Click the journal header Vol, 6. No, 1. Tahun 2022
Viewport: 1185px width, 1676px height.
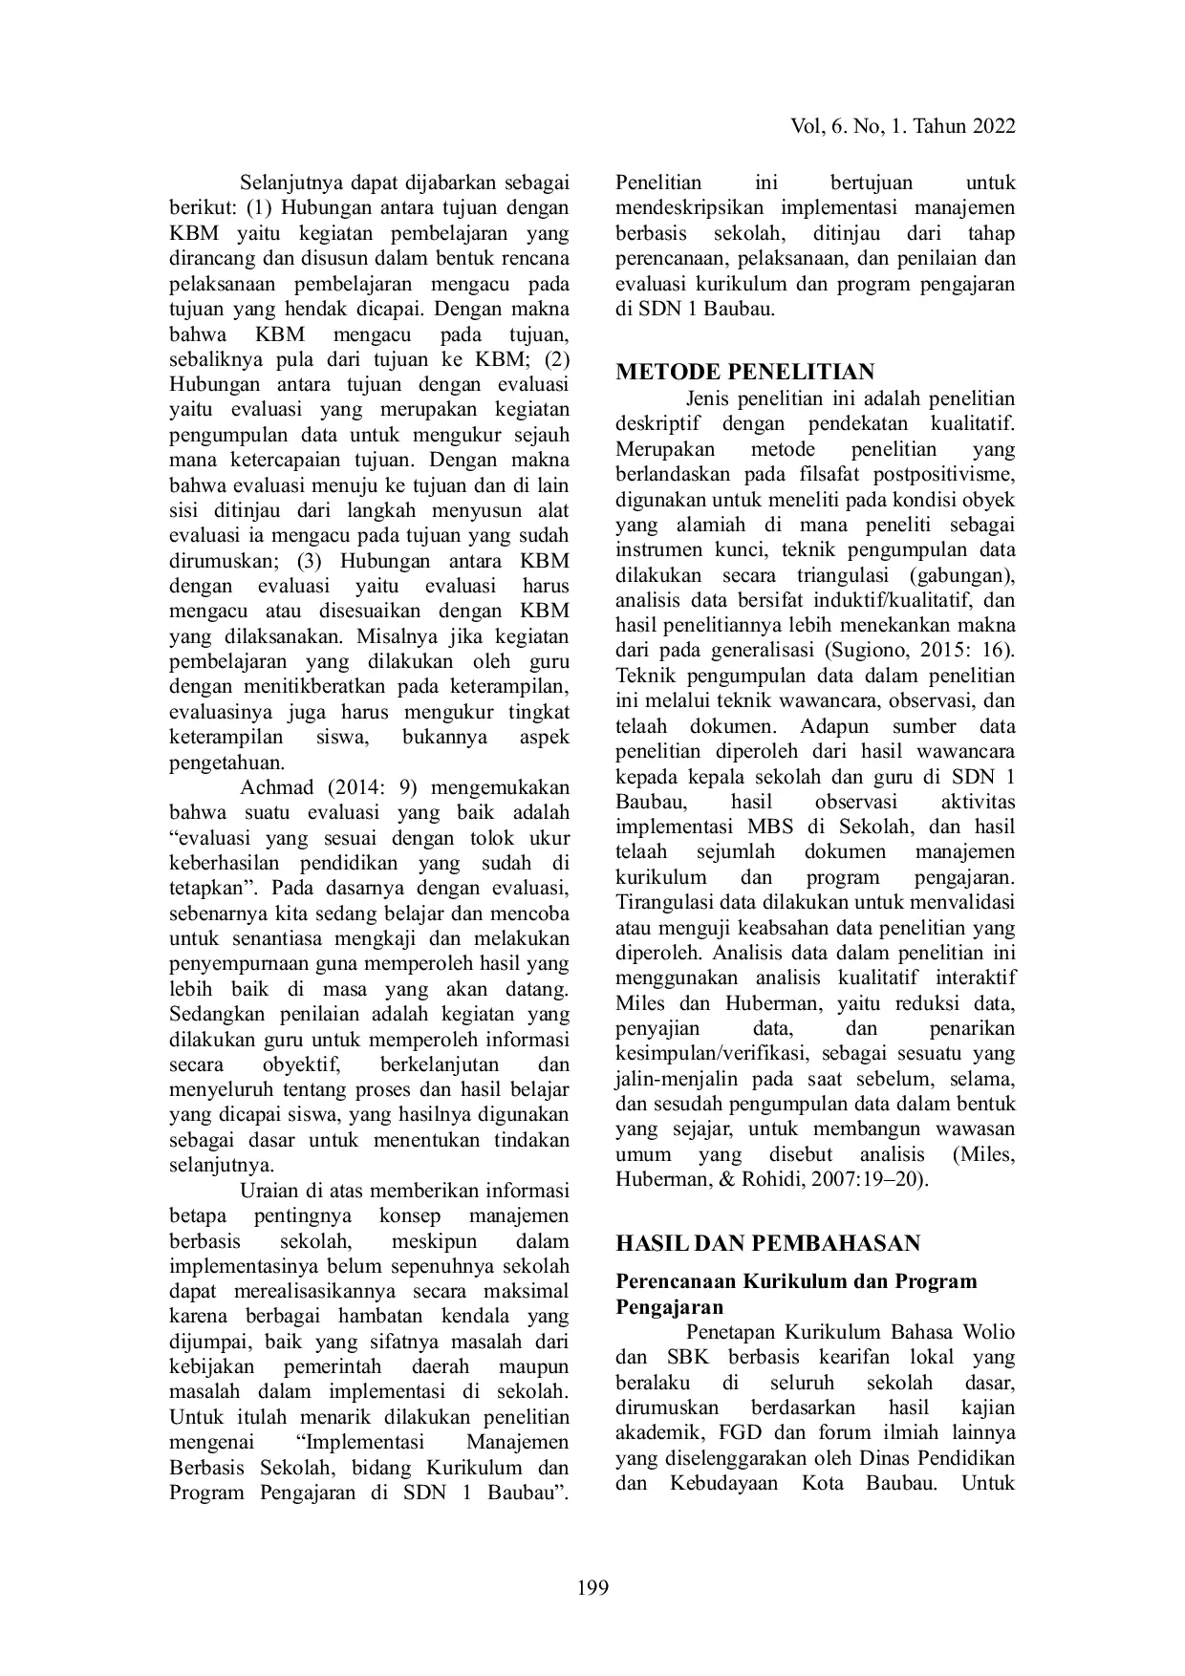(903, 127)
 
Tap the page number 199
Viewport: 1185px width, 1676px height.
(592, 1588)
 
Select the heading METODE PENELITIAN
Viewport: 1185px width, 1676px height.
(745, 372)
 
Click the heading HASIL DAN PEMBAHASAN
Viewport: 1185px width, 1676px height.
(768, 1243)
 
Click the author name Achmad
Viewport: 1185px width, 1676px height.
(276, 788)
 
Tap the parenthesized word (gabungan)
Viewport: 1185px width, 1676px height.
(962, 575)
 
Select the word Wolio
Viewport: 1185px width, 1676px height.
(988, 1332)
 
